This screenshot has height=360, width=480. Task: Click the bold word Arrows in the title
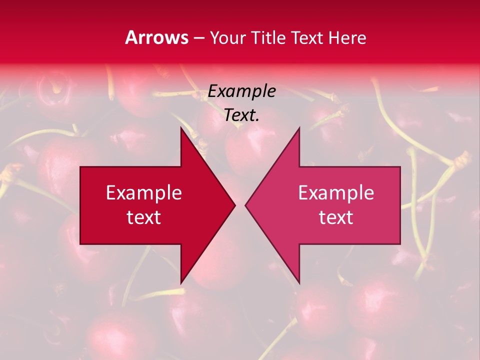156,37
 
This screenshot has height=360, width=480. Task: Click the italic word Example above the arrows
241,91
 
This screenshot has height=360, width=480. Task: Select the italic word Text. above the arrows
241,115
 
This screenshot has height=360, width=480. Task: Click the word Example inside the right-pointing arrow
143,192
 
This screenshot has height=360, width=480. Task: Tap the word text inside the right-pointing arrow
143,217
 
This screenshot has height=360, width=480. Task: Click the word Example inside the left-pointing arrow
336,192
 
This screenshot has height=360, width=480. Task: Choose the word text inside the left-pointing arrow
336,217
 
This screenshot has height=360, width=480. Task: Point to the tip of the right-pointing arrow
235,205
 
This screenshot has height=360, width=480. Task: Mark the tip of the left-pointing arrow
245,205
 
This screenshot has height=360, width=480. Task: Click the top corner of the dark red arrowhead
181,127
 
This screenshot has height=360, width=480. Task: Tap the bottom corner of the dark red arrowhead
181,283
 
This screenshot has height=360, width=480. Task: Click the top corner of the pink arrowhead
299,127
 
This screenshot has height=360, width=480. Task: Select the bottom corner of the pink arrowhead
299,283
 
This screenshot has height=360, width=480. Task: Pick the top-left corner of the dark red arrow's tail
80,167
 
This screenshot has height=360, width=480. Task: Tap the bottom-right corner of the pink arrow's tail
400,244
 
